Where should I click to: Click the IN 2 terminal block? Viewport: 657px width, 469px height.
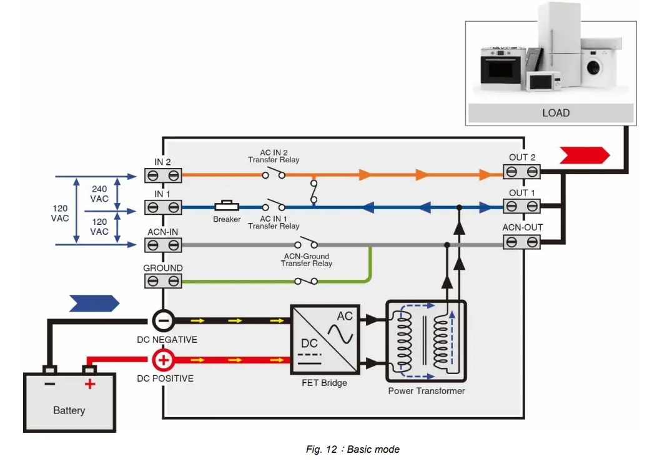(163, 176)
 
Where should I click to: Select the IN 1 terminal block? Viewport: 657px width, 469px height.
(163, 207)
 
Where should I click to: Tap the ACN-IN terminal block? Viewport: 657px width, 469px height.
(163, 245)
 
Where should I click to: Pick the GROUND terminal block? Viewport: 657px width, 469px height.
(163, 281)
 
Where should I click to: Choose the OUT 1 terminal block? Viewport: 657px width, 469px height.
(522, 207)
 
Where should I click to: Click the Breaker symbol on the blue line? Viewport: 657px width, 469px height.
(227, 206)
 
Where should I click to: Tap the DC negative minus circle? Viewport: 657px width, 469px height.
(163, 321)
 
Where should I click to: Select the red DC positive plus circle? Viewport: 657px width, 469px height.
(163, 360)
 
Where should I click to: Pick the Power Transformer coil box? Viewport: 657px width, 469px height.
(426, 341)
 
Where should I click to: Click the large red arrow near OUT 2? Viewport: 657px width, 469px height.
(585, 155)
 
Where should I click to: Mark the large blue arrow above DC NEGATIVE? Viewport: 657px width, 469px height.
(94, 304)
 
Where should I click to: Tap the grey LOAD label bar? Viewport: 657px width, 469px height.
(555, 113)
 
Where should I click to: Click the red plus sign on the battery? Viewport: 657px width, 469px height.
(90, 383)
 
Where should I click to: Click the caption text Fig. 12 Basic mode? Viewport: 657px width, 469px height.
(352, 449)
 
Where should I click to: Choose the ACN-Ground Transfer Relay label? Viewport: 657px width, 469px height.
(306, 260)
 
